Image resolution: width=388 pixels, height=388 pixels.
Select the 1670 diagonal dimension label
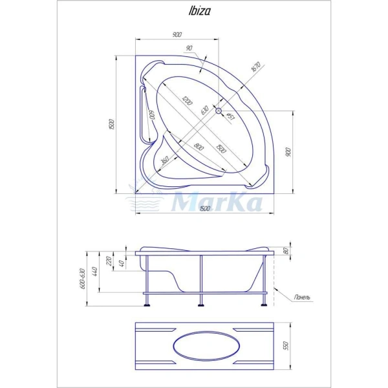pos(256,69)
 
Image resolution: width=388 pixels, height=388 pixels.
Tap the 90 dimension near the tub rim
pos(189,48)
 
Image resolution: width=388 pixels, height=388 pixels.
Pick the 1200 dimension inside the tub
pos(187,100)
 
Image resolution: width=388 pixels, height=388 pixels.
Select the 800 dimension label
pos(198,147)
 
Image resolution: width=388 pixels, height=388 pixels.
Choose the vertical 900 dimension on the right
pos(288,152)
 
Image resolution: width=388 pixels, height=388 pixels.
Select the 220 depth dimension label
pos(109,262)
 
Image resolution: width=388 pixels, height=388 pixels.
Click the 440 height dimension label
pos(97,273)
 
